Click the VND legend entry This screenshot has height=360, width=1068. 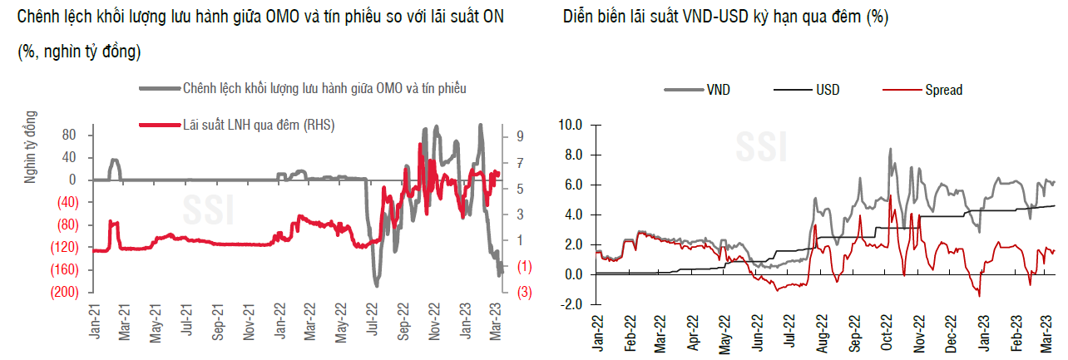pos(718,90)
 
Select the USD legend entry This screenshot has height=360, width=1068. pos(827,90)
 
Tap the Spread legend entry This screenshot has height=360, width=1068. pos(943,90)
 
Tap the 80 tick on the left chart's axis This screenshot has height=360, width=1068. pos(70,135)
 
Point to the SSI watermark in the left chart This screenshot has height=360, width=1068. pos(208,210)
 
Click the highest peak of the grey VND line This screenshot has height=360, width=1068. pos(890,149)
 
